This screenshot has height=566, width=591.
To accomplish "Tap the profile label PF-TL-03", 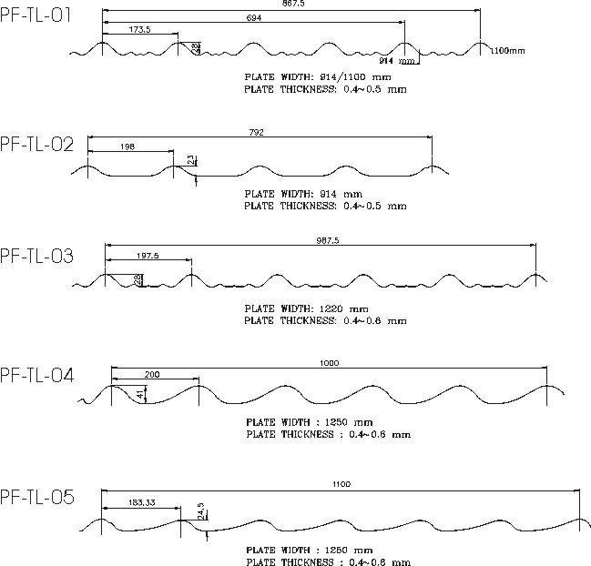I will click(37, 255).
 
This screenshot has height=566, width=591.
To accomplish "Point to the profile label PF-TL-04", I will click(37, 374).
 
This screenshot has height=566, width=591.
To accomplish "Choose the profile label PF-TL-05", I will click(37, 497).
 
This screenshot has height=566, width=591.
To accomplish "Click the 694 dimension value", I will click(255, 18).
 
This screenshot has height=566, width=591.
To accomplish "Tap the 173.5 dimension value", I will click(140, 29).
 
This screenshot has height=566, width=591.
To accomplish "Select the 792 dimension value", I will click(256, 132).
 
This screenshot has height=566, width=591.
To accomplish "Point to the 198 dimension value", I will click(126, 144).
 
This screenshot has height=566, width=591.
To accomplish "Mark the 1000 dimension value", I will click(330, 363).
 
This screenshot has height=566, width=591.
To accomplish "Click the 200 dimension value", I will click(152, 374).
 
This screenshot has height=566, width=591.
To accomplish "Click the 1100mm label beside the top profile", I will click(508, 50).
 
